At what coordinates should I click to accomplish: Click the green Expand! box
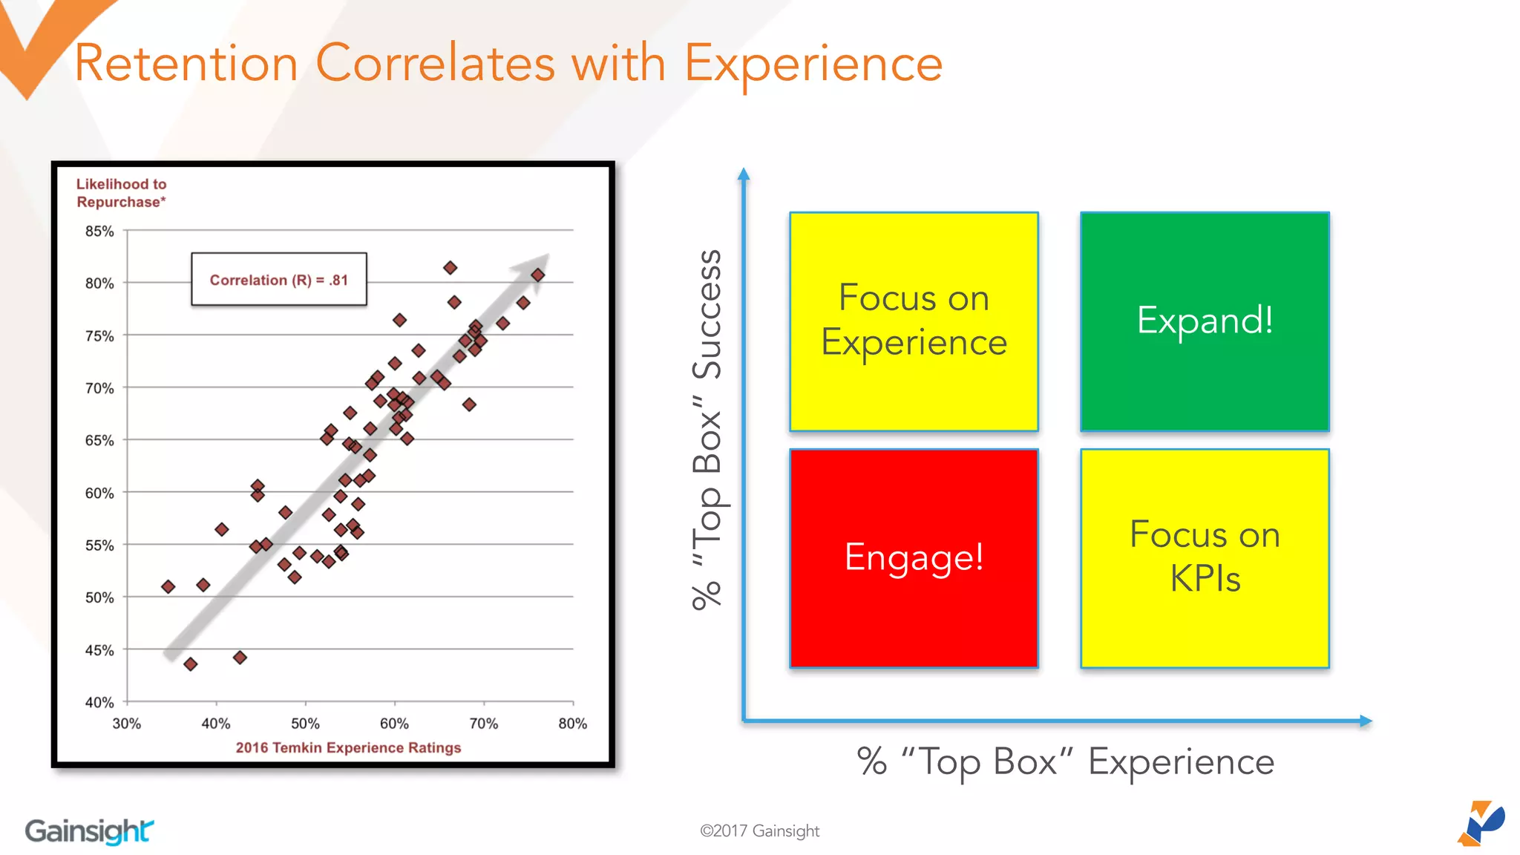tap(1205, 321)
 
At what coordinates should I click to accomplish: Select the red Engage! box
tap(914, 558)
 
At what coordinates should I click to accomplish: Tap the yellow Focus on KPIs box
tap(1205, 558)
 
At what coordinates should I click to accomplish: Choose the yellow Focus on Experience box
tap(914, 321)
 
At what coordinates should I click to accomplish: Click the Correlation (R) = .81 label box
tap(279, 280)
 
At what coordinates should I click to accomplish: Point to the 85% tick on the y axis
tap(99, 232)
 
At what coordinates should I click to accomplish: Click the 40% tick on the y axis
tap(99, 702)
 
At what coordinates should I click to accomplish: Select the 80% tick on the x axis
tap(572, 724)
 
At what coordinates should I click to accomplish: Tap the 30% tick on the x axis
tap(127, 724)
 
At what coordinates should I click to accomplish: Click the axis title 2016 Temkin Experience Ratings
tap(348, 747)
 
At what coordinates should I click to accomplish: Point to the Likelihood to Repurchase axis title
tap(121, 193)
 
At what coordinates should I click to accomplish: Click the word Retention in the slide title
tap(186, 63)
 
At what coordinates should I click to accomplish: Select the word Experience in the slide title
tap(813, 63)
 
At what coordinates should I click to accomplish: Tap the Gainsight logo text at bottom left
tap(89, 831)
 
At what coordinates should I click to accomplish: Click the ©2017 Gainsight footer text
tap(759, 831)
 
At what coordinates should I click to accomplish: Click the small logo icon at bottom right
tap(1481, 823)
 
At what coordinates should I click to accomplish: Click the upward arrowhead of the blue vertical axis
tap(744, 174)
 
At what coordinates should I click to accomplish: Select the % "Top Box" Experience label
tap(1065, 762)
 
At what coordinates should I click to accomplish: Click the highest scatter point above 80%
tap(451, 268)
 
